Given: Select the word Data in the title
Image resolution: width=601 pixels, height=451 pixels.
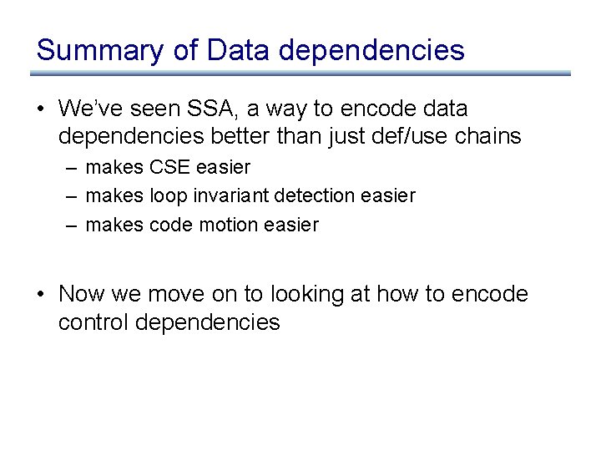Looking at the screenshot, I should (239, 50).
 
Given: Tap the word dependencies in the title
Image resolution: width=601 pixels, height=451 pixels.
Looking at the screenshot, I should (371, 50).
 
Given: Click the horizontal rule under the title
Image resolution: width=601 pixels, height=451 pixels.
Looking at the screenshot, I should (300, 73).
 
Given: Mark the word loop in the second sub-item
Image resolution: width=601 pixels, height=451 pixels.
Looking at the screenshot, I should (166, 195).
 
